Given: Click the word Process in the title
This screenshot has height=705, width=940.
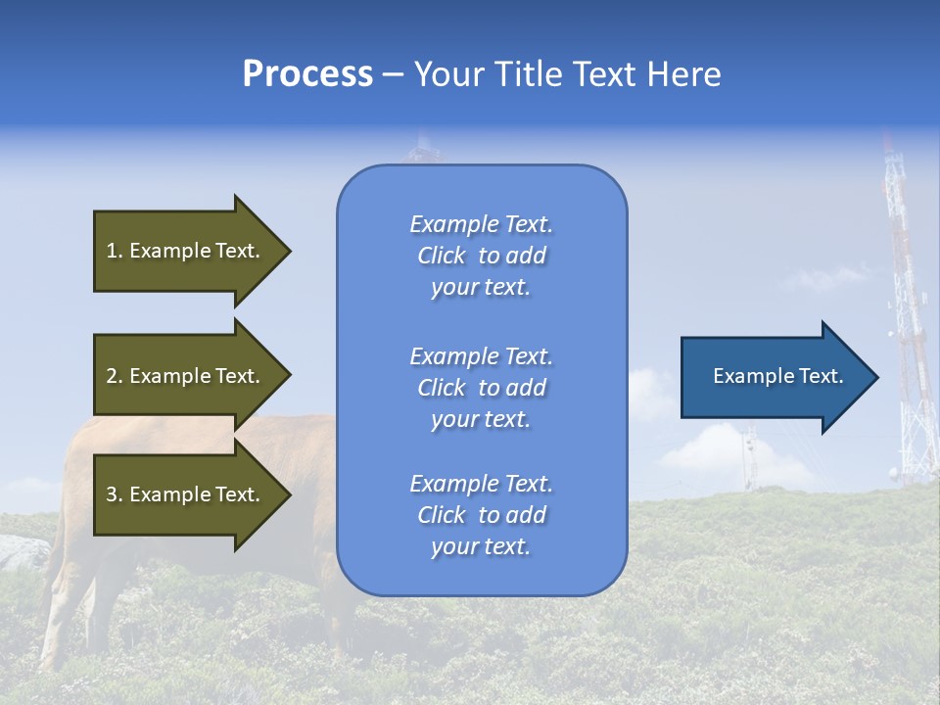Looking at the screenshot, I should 307,74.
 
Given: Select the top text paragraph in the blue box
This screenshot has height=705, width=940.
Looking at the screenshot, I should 481,256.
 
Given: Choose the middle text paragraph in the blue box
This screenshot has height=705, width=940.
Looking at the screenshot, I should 481,388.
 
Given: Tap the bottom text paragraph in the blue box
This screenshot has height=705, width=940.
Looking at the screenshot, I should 481,515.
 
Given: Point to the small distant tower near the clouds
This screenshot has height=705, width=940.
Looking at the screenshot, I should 749,455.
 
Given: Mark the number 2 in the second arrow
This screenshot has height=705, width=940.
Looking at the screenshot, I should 112,376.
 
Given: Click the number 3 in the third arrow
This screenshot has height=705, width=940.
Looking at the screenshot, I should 112,494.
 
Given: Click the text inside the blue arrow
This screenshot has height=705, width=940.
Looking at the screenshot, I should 778,376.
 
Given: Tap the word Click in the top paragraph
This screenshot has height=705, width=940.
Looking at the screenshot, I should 441,256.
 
